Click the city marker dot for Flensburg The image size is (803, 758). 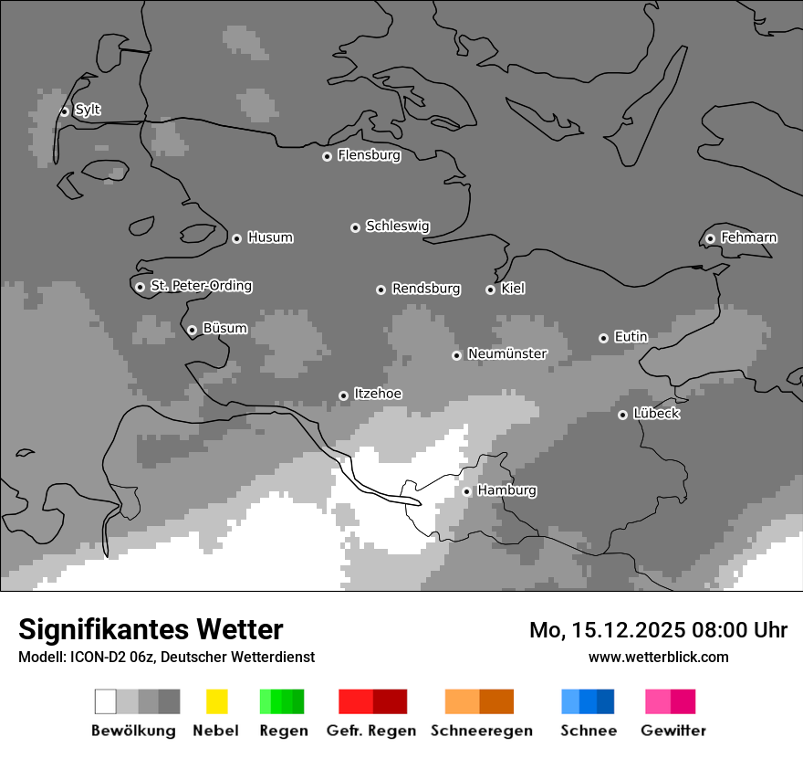pos(327,156)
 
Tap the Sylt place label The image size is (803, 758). pos(88,110)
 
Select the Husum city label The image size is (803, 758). pos(270,237)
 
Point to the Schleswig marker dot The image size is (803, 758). pos(355,227)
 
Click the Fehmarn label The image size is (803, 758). pos(748,237)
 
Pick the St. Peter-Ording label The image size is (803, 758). pos(201,286)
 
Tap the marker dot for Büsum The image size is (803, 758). pos(192,330)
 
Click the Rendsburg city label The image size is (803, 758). pos(426,289)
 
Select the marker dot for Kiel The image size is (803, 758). pos(490,290)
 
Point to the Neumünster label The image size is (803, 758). pos(507,353)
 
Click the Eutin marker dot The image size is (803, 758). pos(603,338)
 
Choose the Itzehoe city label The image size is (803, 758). pos(378,394)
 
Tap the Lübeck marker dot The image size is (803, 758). pos(622,415)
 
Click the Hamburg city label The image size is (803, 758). pos(507,490)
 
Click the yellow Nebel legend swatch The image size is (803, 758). pos(216,701)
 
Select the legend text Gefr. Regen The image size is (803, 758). pos(371,731)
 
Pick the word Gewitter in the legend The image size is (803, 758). pos(673,731)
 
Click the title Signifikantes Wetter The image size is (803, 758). pos(151,629)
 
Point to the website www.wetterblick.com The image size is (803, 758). pos(658,657)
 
